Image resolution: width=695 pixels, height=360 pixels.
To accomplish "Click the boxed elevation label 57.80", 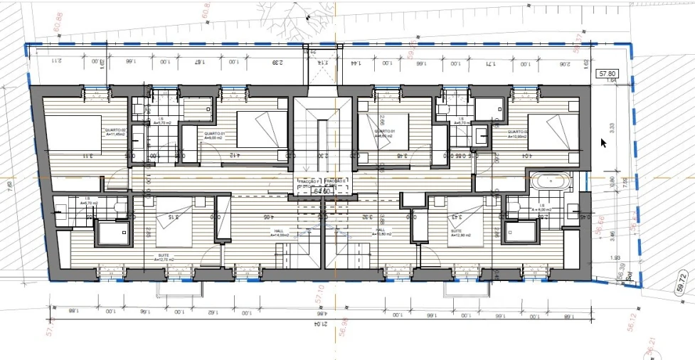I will [607, 73].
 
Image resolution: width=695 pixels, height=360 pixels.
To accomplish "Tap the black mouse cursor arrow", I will [604, 142].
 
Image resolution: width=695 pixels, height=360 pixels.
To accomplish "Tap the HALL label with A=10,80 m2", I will [381, 232].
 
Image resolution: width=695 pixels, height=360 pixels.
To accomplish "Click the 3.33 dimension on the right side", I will [611, 127].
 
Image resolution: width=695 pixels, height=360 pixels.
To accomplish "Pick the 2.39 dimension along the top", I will [276, 63].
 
